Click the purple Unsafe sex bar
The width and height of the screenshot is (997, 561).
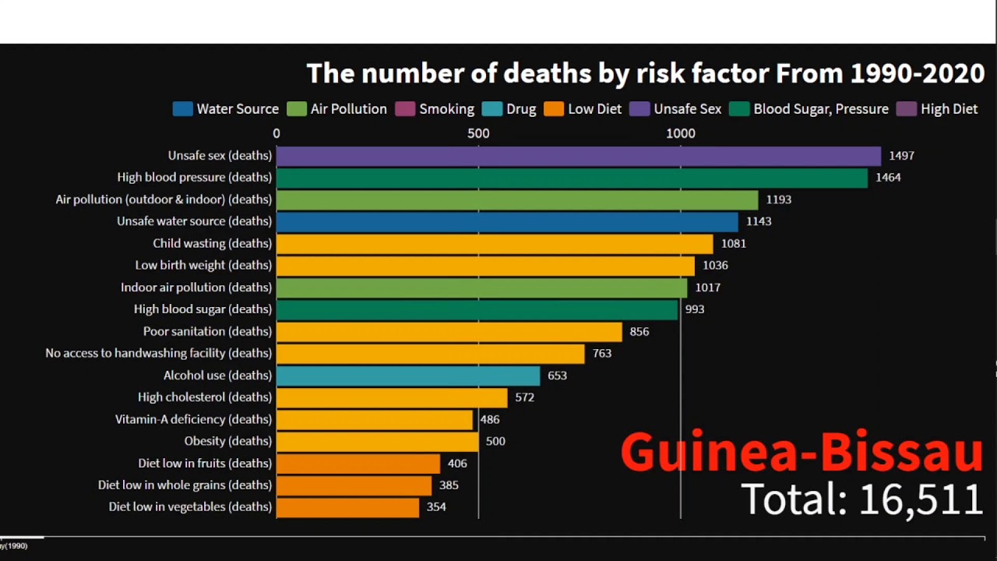[x=578, y=156]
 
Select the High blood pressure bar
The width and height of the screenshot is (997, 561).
[x=571, y=178]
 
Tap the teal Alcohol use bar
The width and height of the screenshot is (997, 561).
[x=407, y=376]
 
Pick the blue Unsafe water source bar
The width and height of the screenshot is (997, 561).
[x=506, y=222]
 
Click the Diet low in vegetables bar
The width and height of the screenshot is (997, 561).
[x=347, y=507]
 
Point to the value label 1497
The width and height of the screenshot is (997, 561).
[x=900, y=156]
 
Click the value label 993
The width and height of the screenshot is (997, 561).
[x=694, y=309]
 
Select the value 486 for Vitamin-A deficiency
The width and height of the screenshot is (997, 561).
[x=490, y=419]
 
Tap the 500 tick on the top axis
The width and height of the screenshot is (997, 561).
[x=478, y=133]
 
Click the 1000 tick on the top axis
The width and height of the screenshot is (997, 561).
[x=680, y=133]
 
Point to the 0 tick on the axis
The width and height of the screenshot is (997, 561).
[x=277, y=133]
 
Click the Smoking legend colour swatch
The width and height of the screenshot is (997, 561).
[x=405, y=109]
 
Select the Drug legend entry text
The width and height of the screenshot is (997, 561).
[x=521, y=109]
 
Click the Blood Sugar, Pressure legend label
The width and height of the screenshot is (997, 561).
[x=820, y=109]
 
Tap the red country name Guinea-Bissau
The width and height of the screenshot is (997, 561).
[x=801, y=452]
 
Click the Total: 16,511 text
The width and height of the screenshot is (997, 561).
[x=861, y=499]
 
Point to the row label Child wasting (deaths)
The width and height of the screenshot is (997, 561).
[x=212, y=244]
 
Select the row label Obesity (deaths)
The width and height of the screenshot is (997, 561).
[x=227, y=441]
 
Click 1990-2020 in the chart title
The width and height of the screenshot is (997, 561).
[x=917, y=73]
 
